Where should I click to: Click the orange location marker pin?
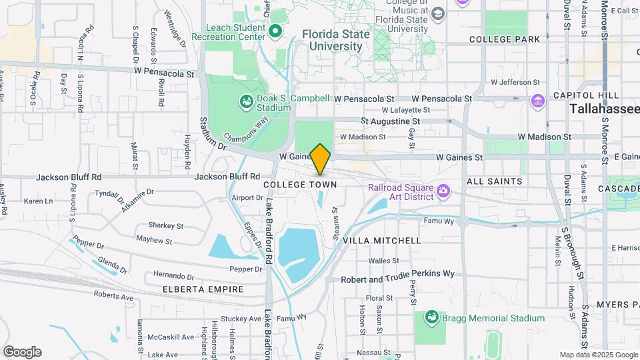point(320,159)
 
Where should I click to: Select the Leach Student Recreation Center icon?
point(274,31)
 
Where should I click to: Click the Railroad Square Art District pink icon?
point(442,193)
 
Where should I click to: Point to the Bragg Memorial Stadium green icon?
point(431,319)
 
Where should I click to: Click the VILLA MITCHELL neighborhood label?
point(382,240)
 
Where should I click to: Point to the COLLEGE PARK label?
point(505,39)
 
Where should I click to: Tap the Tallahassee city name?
point(604,109)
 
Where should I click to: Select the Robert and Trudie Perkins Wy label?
point(397,273)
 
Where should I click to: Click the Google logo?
point(22,352)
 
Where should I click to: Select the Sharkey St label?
point(161,225)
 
